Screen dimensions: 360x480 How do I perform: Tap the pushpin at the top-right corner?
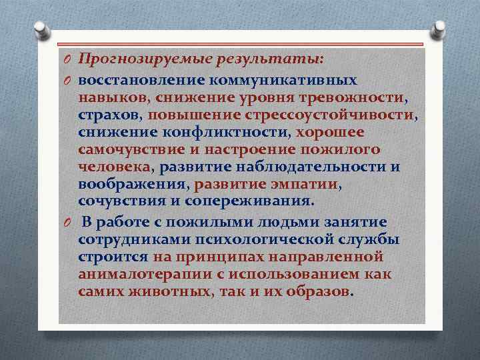pyautogui.click(x=440, y=29)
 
